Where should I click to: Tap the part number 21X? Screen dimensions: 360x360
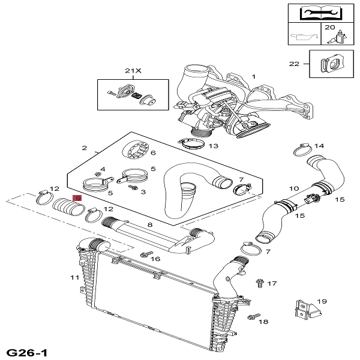(x=133, y=71)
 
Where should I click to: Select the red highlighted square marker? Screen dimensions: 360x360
(x=77, y=198)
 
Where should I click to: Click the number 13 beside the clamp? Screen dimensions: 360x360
(x=213, y=146)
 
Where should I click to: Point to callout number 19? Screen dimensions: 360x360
(x=321, y=302)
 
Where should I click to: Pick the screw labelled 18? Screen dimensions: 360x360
(x=253, y=317)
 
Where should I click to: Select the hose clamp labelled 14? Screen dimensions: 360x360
(x=302, y=148)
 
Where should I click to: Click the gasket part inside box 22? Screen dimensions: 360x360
(x=329, y=64)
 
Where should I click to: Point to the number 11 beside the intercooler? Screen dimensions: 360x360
(x=74, y=277)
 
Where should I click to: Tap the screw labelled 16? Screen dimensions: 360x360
(x=144, y=255)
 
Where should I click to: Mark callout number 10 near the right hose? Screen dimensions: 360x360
(x=294, y=188)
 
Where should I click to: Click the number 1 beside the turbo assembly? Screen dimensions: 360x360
(x=253, y=76)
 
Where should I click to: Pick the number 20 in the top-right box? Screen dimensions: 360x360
(x=330, y=28)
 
